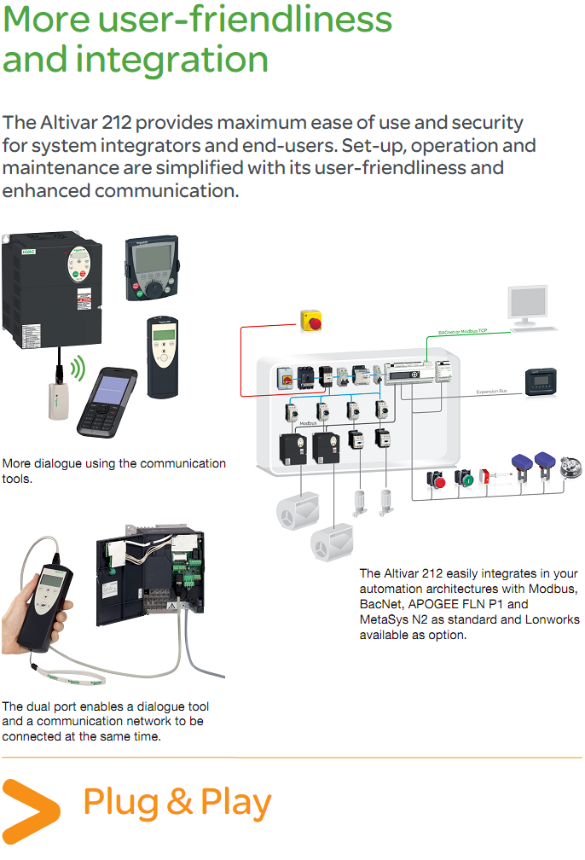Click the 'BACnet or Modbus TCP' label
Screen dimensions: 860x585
click(463, 329)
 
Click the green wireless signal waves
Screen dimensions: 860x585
click(77, 369)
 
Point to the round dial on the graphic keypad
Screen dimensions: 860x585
click(153, 288)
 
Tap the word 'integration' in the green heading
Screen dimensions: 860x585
click(172, 60)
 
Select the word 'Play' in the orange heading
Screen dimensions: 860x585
click(235, 803)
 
